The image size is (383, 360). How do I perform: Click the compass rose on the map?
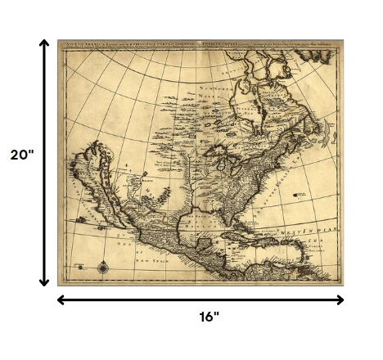point(103,266)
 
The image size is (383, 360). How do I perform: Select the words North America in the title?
point(85,44)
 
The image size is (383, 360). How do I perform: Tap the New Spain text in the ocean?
point(151,260)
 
